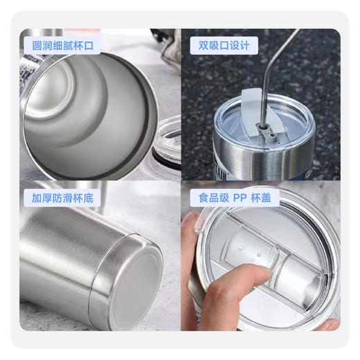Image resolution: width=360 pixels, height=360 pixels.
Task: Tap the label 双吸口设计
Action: pos(223,45)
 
